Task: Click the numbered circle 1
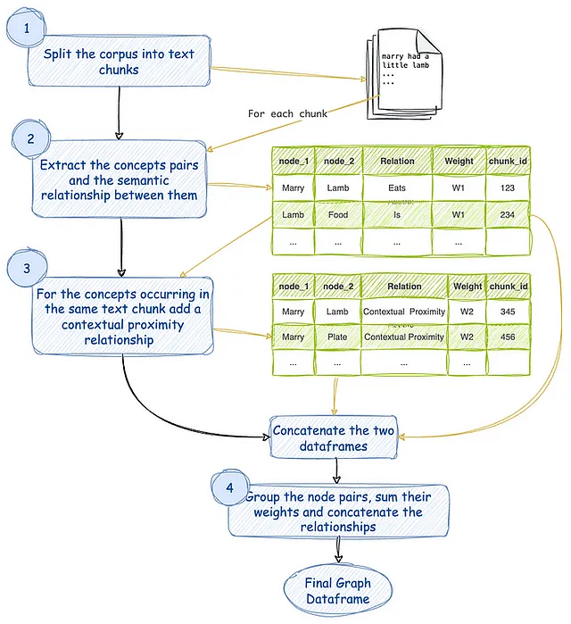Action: click(x=26, y=28)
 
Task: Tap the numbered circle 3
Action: click(x=27, y=268)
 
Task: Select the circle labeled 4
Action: click(x=230, y=487)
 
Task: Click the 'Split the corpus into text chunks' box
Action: click(x=119, y=61)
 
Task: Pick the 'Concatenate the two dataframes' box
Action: click(x=334, y=437)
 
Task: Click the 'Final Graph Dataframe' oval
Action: click(x=338, y=591)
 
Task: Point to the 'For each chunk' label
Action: click(x=287, y=113)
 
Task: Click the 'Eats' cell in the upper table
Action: click(x=397, y=187)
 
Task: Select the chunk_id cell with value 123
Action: click(x=508, y=187)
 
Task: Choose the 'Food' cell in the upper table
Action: click(x=338, y=215)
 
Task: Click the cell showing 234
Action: click(x=508, y=215)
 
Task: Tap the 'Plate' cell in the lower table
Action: click(x=337, y=337)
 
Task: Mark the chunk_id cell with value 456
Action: click(x=508, y=337)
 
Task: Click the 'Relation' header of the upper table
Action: click(x=397, y=161)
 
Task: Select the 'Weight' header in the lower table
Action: click(x=468, y=287)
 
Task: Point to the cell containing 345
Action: click(x=508, y=312)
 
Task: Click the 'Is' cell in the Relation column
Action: click(x=397, y=215)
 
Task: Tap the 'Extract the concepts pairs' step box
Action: click(x=119, y=179)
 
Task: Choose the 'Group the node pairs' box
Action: click(x=338, y=512)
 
